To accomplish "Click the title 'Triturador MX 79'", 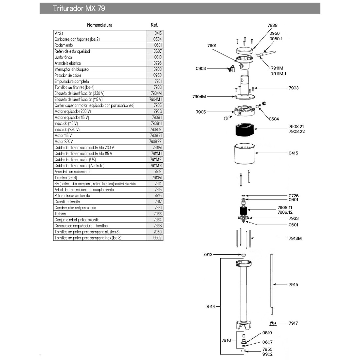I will [x=79, y=8].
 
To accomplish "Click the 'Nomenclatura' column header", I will [x=99, y=25].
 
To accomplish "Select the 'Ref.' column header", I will [x=154, y=25].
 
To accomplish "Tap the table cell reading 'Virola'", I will [x=59, y=33].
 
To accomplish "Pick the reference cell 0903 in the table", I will [x=157, y=69].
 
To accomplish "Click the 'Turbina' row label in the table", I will [x=60, y=214].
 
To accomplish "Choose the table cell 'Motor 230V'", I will [x=63, y=141].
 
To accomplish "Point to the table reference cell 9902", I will [x=157, y=238].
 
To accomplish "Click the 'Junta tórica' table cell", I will [x=63, y=57].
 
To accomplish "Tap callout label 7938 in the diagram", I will [x=272, y=25].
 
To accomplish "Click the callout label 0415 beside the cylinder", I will [x=293, y=153].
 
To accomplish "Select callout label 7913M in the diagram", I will [x=295, y=238].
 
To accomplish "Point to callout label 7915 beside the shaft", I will [x=293, y=284].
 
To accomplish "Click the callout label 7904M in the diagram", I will [x=199, y=97].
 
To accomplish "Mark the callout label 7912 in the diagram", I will [x=208, y=254].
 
